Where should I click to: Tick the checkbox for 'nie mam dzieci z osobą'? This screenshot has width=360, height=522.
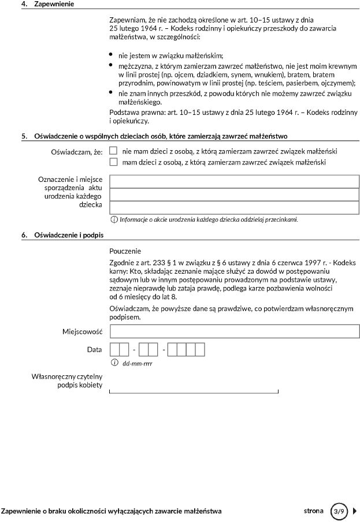tap(113, 151)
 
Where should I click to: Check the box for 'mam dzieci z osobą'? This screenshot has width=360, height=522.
tap(113, 162)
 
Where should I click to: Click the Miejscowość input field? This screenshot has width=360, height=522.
tap(234, 331)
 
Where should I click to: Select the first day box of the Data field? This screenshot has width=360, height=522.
tap(114, 350)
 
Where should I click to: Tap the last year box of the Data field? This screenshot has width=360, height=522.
tap(200, 350)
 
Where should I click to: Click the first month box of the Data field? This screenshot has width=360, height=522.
tap(144, 350)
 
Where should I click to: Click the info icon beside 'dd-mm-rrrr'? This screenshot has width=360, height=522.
tap(114, 363)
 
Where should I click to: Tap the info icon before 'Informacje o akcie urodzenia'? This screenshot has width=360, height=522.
tap(114, 219)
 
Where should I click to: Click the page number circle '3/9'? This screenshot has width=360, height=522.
tap(339, 511)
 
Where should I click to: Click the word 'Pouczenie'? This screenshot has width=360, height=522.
tap(125, 251)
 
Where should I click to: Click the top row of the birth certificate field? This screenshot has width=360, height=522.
tap(234, 181)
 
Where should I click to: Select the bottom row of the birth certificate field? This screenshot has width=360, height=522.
tap(234, 207)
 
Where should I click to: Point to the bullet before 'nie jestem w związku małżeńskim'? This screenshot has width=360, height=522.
tap(111, 55)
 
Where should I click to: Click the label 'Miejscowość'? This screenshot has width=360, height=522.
tap(82, 331)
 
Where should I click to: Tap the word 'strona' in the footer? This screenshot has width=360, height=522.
tap(314, 511)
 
